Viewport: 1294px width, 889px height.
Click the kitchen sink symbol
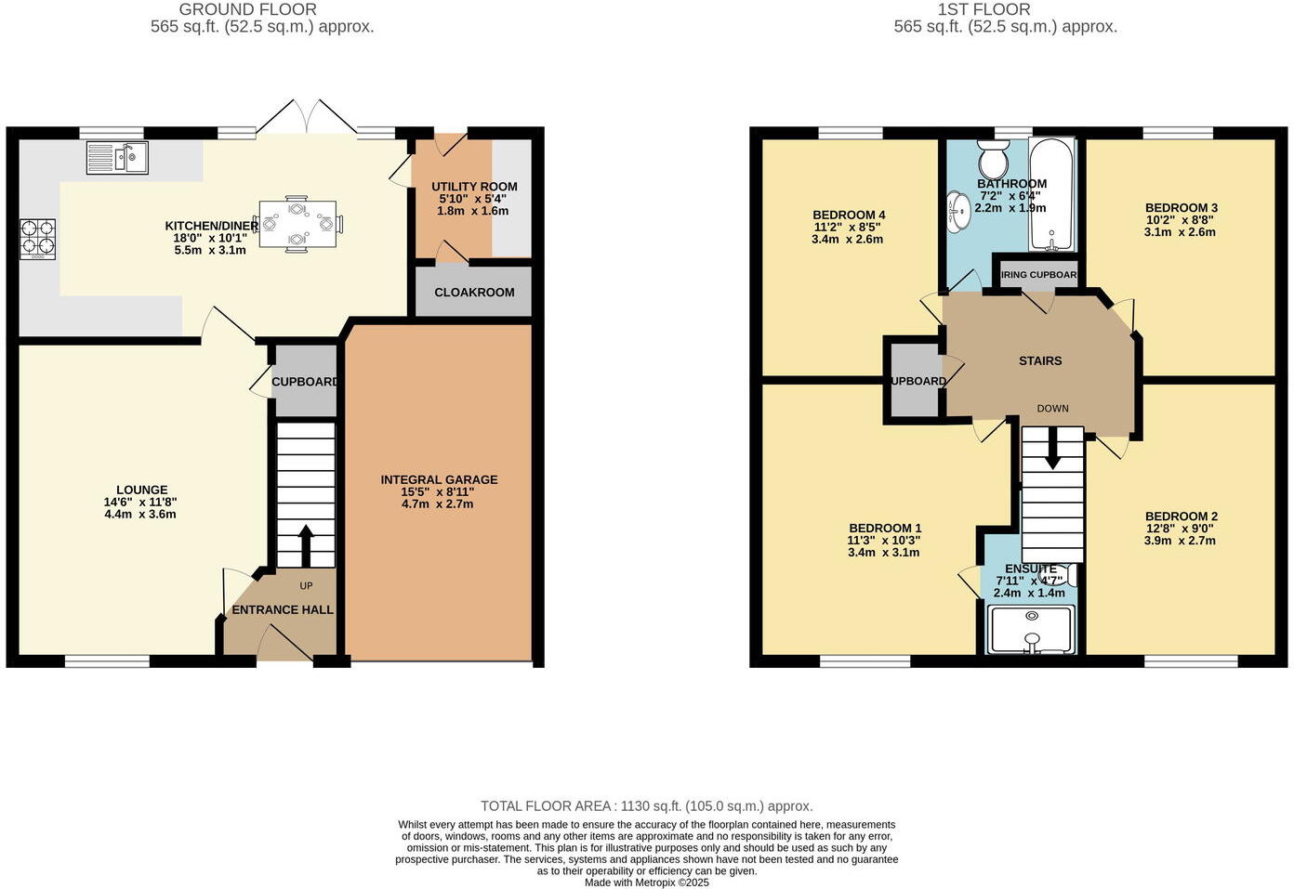click(x=116, y=157)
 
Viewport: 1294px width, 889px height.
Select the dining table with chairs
click(x=297, y=223)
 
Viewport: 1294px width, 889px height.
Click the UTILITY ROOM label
click(x=474, y=187)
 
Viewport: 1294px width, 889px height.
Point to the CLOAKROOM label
click(x=474, y=292)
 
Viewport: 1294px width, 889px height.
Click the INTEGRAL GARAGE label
click(x=439, y=479)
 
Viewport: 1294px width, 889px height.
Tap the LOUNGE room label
click(x=141, y=490)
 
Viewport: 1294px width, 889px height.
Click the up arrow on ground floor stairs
click(x=305, y=544)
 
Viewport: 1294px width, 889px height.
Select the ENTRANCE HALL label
click(x=282, y=609)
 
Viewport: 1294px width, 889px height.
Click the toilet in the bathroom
click(x=994, y=159)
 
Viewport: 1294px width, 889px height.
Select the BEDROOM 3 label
click(x=1181, y=207)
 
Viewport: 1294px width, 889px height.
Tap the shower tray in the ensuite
click(x=1031, y=629)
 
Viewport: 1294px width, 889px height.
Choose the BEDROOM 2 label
click(x=1181, y=516)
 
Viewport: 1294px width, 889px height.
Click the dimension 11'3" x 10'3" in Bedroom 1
click(x=883, y=540)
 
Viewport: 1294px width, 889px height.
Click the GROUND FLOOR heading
click(x=247, y=9)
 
